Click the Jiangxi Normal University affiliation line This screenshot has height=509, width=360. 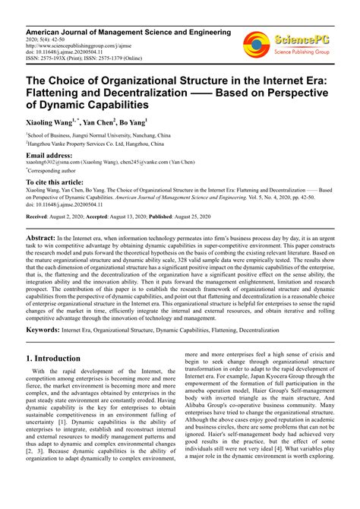(97, 134)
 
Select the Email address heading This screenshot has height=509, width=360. (55, 156)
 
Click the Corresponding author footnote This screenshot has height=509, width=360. (57, 172)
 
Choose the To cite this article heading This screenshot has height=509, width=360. (57, 183)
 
